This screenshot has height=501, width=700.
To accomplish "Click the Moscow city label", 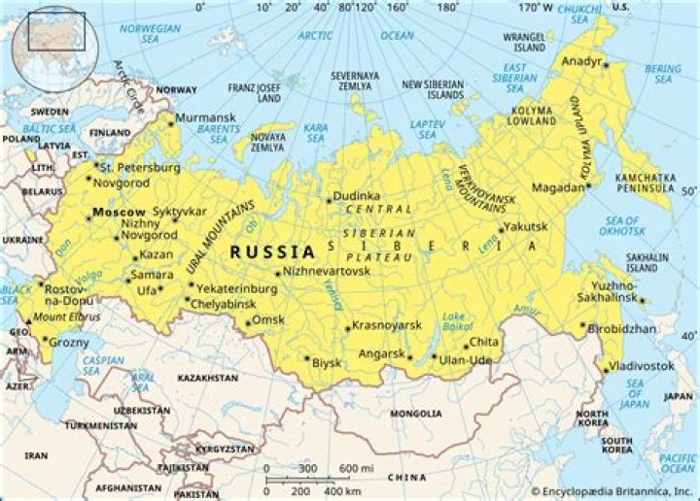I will [119, 212].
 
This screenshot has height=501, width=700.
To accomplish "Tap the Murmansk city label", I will [204, 117].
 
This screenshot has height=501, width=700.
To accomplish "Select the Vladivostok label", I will [642, 365].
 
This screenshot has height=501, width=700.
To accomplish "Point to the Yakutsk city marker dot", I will [502, 229].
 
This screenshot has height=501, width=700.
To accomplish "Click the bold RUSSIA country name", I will [272, 252].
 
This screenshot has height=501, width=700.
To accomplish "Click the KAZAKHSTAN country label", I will [207, 377].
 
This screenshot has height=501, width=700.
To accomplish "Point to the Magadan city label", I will [559, 186].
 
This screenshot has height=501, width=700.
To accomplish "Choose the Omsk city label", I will [267, 319].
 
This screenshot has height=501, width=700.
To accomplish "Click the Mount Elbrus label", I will [62, 317].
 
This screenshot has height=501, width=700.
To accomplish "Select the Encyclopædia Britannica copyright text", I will [612, 492].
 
